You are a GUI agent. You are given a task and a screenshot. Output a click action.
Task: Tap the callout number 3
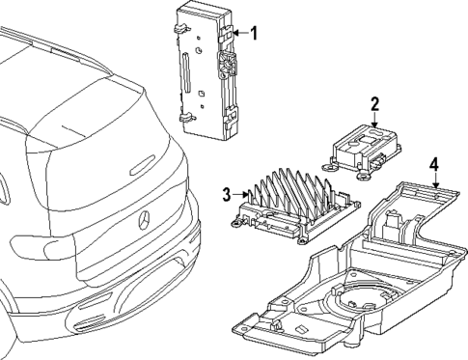(228, 195)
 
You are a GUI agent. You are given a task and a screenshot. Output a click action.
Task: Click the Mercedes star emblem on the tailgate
(144, 220)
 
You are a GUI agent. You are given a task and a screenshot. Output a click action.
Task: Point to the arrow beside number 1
(240, 35)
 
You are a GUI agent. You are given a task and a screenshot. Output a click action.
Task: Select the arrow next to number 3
(242, 195)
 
